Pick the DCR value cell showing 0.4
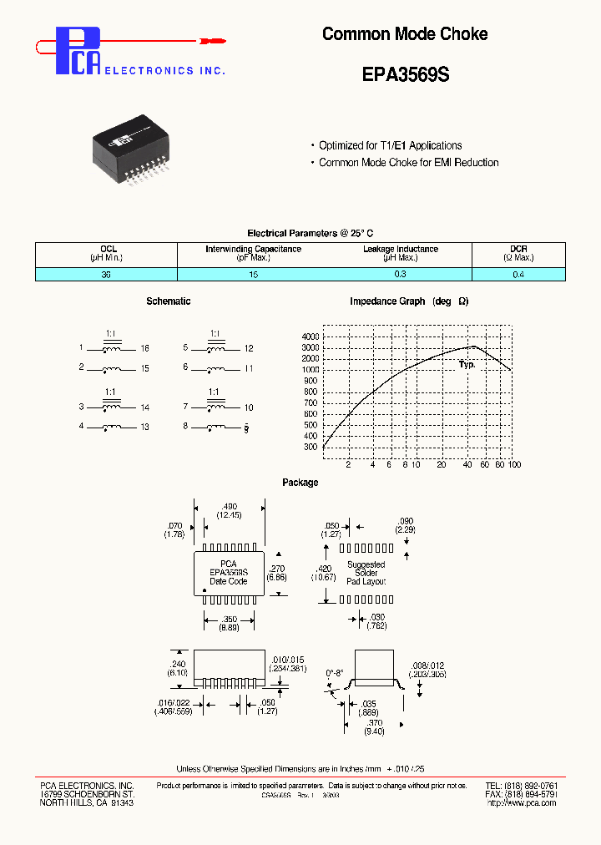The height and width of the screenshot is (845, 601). (518, 274)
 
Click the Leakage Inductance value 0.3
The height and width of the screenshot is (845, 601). (401, 274)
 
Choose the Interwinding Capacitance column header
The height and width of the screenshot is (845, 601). (253, 253)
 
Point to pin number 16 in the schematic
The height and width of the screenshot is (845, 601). (144, 348)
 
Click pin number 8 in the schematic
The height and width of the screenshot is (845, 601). (185, 427)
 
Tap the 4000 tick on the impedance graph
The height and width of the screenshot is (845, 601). (311, 336)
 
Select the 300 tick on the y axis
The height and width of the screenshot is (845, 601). (311, 447)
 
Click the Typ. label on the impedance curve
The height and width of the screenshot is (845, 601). (467, 365)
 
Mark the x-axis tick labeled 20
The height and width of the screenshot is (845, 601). (441, 464)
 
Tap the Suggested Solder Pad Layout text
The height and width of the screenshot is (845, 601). (366, 572)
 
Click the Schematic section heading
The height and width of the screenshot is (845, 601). (168, 301)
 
